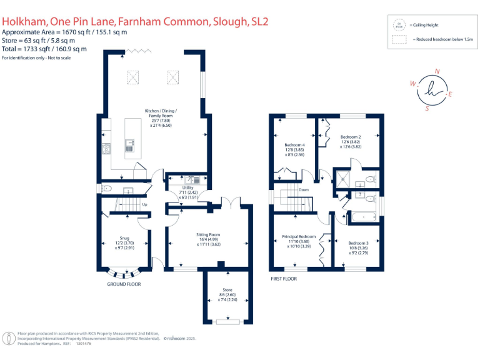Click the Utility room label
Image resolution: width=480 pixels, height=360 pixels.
(x=187, y=187)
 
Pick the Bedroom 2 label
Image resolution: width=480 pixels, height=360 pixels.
(x=351, y=136)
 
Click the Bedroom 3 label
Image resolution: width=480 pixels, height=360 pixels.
(x=358, y=242)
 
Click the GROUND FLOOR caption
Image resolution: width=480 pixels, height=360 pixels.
(x=125, y=284)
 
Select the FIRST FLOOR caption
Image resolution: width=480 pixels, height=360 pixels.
(x=283, y=278)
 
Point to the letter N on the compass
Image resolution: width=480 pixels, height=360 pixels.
(x=436, y=71)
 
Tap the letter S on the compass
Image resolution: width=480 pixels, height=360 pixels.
(x=427, y=107)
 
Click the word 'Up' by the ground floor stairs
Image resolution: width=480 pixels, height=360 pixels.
(x=145, y=204)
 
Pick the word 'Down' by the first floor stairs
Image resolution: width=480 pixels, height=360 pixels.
(x=303, y=190)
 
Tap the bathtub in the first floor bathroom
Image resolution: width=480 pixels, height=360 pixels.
(x=363, y=217)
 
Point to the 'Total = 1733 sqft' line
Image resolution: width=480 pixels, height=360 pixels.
(x=44, y=49)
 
